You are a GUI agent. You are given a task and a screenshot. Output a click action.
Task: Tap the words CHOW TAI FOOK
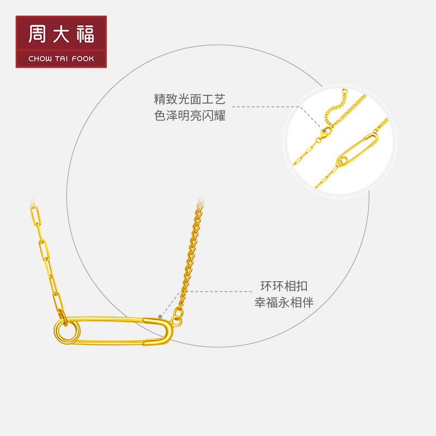coord(60,58)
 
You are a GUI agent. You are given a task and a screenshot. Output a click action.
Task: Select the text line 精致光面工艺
coord(190,100)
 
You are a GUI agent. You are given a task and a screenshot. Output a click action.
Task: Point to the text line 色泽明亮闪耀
coord(190,116)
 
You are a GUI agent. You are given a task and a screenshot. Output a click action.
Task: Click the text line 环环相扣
coord(284,286)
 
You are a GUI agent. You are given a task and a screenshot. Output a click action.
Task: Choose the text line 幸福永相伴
coord(284,302)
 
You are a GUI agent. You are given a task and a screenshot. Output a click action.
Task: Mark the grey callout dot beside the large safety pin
coord(160,316)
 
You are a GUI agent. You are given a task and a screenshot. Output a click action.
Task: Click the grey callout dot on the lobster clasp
coord(325,131)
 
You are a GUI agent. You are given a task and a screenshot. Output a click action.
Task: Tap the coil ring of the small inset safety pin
coord(343,161)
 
